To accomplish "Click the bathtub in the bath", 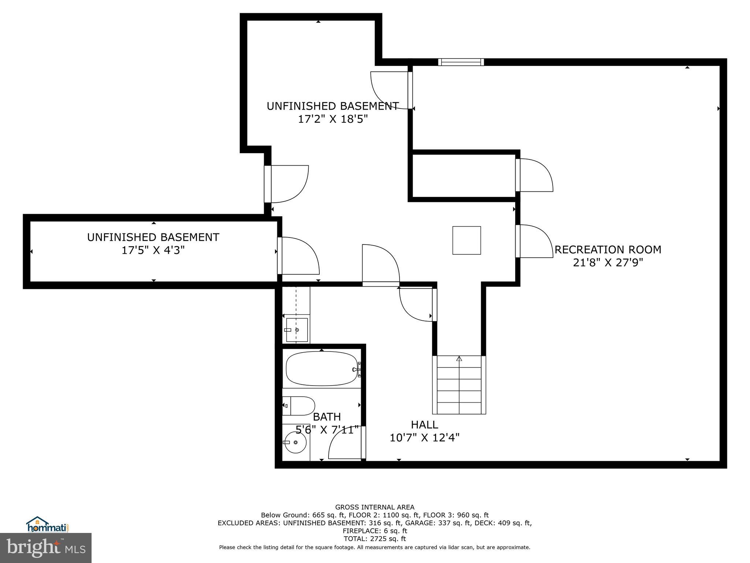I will tap(322, 368).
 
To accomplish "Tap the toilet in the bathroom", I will tap(299, 405).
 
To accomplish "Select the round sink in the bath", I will tap(295, 442).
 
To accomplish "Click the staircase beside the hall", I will tap(459, 385).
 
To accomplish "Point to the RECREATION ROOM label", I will tap(608, 250).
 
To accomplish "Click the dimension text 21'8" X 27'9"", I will tap(608, 263).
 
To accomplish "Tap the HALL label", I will tap(424, 425).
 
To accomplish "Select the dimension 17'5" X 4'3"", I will tap(153, 250).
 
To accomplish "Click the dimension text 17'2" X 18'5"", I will tap(333, 119).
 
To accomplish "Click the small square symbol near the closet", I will tap(467, 240).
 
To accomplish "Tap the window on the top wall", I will tap(461, 62).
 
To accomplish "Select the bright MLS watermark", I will tap(46, 548).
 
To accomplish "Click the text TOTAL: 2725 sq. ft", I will tap(375, 538).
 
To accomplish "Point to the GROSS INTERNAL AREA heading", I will tap(375, 507).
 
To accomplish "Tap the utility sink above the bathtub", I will tap(297, 330).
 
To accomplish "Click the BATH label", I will tap(327, 417).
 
